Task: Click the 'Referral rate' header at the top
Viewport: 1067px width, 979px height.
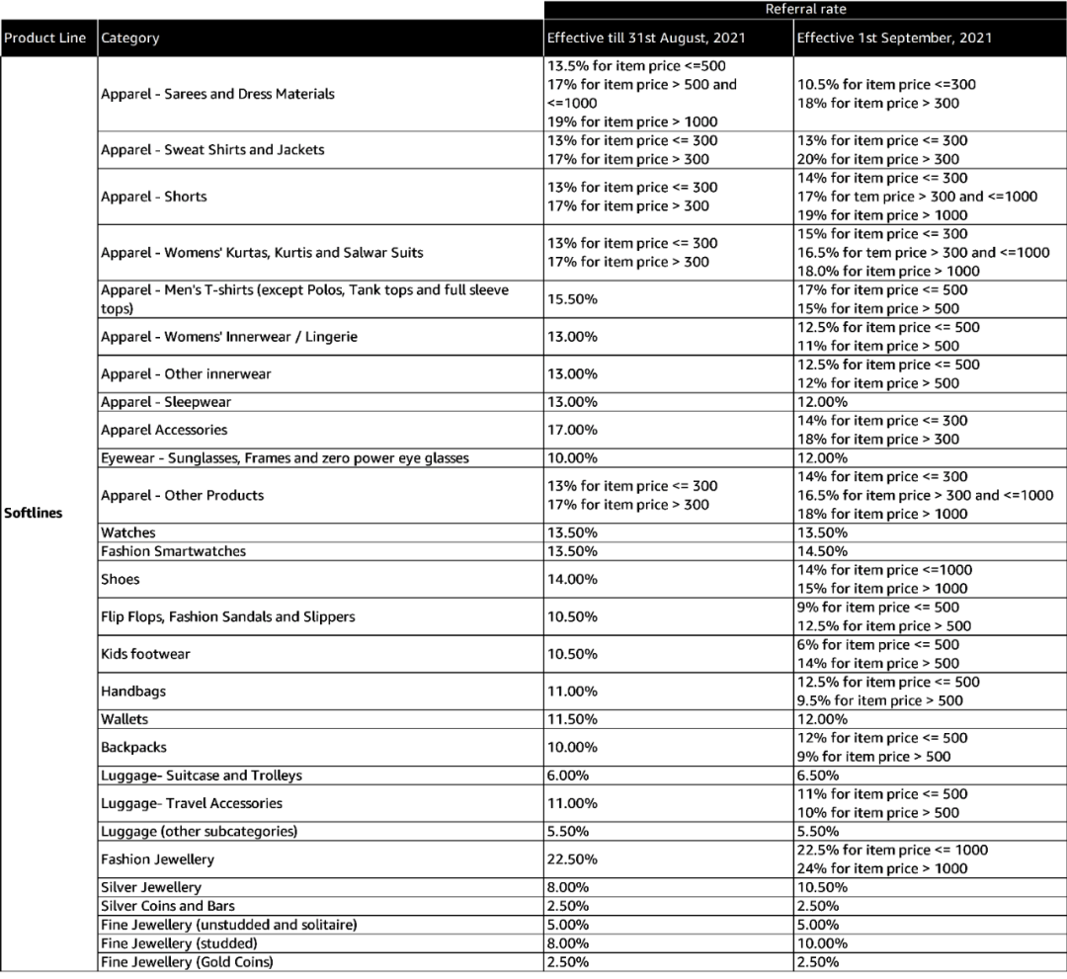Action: (804, 9)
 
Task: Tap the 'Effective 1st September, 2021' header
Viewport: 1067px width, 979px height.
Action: (895, 39)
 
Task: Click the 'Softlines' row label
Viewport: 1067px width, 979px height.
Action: (33, 514)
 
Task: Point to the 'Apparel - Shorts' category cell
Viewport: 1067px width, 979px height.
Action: (154, 197)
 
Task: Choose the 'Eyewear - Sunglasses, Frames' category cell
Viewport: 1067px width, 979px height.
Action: (285, 458)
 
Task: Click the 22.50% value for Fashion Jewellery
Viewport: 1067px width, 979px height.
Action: (572, 859)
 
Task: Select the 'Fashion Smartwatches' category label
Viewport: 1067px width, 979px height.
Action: (173, 551)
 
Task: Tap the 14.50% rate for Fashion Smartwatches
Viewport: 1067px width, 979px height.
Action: (822, 551)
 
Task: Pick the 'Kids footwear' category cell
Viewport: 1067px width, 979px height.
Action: (145, 654)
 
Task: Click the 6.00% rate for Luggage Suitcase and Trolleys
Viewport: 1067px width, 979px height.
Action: (568, 775)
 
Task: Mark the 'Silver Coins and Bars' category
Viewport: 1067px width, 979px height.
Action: (168, 906)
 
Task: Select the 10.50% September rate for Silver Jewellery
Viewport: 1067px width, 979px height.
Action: (822, 887)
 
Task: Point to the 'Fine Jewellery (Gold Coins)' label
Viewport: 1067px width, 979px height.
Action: (187, 962)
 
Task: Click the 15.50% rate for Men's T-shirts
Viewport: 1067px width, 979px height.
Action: (572, 299)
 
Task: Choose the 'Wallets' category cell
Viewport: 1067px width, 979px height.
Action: (124, 719)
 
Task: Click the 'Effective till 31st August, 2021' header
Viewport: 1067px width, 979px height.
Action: (646, 39)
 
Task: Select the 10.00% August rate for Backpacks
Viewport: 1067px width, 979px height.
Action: (572, 747)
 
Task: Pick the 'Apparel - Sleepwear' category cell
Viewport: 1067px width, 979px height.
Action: (166, 402)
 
